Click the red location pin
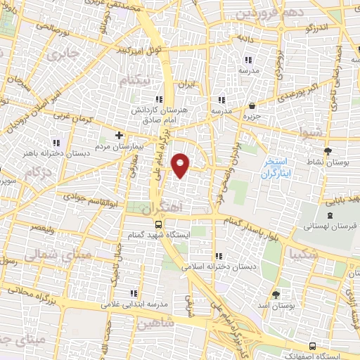pyautogui.click(x=181, y=165)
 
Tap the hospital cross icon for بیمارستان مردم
pyautogui.click(x=119, y=135)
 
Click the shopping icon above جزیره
pyautogui.click(x=251, y=105)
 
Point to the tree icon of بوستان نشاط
pyautogui.click(x=328, y=150)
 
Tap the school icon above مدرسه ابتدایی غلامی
pyautogui.click(x=133, y=292)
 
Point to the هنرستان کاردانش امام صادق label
pyautogui.click(x=151, y=116)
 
